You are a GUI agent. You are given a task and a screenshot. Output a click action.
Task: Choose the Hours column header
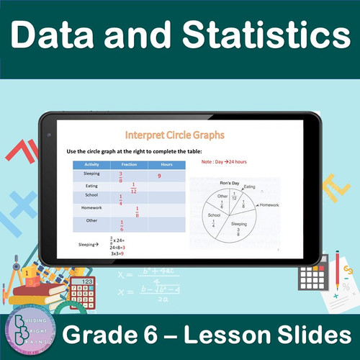166,164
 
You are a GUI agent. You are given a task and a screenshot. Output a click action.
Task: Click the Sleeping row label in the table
92,174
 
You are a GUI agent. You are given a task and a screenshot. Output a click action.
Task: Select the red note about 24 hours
224,162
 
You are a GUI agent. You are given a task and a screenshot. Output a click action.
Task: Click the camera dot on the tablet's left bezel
48,135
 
